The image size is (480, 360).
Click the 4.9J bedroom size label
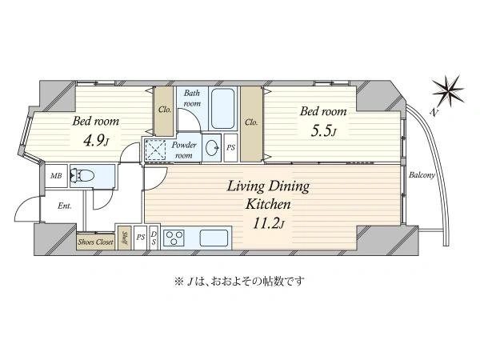[x=96, y=140]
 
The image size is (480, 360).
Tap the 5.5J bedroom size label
[x=323, y=130]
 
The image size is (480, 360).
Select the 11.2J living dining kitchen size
[x=269, y=223]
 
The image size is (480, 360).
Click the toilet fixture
[x=82, y=176]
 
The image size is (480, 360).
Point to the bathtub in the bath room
[x=223, y=109]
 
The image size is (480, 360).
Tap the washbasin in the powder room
[x=211, y=148]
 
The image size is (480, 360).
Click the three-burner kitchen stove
[x=174, y=238]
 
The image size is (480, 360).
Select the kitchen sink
[x=214, y=238]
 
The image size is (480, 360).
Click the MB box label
[x=56, y=176]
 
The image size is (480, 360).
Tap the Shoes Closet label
[x=95, y=242]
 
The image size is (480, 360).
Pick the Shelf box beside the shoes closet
[x=125, y=238]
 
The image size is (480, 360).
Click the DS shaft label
[x=154, y=238]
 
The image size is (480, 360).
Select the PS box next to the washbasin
[x=231, y=148]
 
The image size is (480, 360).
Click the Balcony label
[x=422, y=175]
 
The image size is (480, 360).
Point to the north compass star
[x=448, y=91]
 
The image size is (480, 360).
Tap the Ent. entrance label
[x=65, y=206]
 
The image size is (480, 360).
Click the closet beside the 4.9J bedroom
[x=164, y=111]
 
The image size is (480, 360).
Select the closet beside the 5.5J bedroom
[x=251, y=124]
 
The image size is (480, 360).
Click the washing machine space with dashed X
[x=155, y=150]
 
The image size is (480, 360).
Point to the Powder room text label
[x=184, y=150]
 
